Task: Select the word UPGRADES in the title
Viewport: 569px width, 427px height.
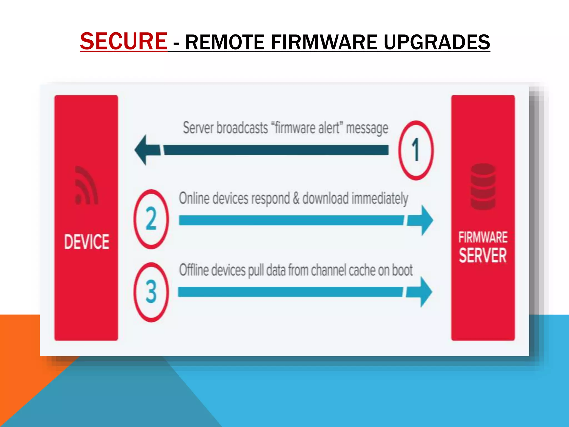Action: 437,42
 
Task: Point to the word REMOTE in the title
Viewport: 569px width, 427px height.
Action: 224,42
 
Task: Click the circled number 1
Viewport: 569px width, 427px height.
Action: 416,150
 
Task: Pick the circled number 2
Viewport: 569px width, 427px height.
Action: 151,219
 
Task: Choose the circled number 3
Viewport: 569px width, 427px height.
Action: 151,292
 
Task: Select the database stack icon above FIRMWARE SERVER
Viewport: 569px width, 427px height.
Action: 483,186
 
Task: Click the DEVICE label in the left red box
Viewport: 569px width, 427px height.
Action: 87,242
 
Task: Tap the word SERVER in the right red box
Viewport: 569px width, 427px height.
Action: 483,256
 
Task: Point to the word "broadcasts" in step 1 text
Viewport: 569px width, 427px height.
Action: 242,128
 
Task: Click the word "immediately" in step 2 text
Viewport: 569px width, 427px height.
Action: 380,198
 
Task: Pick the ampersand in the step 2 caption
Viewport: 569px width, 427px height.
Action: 296,198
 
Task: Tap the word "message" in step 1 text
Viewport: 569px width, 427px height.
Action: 367,128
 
